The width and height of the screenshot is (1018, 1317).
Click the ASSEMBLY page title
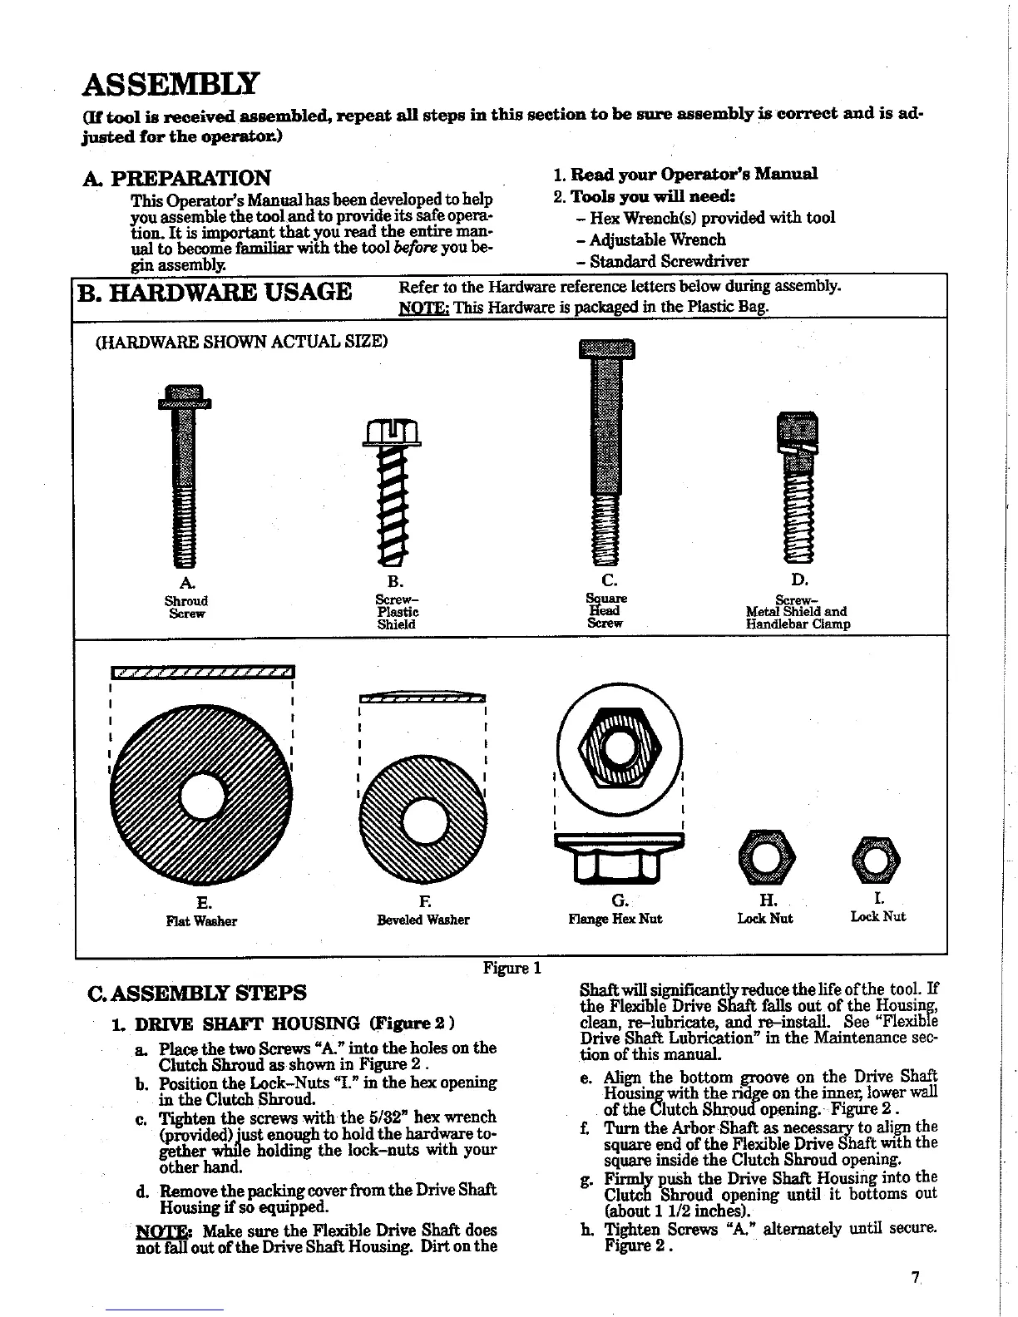[x=170, y=84]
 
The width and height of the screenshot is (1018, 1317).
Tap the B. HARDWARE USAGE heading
[x=215, y=293]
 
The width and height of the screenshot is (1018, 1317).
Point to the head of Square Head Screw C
[x=605, y=348]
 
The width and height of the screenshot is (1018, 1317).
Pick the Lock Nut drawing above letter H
[x=764, y=856]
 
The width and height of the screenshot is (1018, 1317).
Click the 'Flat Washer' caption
[x=201, y=921]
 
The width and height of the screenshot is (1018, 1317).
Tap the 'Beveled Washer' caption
[x=423, y=920]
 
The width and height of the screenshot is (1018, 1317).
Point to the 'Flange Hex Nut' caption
[x=615, y=919]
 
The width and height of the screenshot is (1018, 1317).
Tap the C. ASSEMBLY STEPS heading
[x=197, y=993]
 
